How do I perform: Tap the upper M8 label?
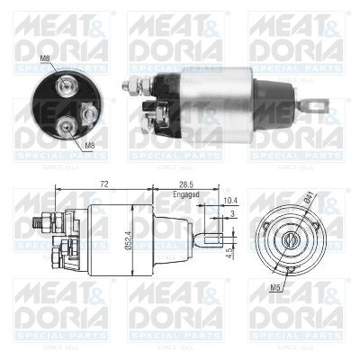45,59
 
